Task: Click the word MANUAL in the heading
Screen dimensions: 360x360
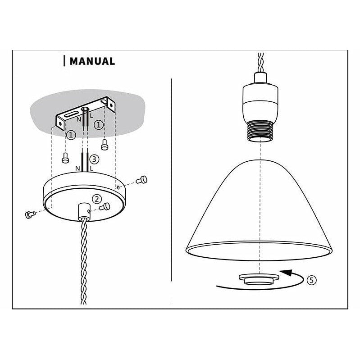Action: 92,61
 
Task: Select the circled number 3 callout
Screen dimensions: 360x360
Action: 94,159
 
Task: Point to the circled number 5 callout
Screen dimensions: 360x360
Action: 311,279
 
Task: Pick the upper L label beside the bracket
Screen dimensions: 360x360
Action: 91,116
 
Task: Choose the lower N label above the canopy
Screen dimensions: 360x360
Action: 78,169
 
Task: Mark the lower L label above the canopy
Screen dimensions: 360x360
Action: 91,169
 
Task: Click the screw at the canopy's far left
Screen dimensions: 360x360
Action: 31,214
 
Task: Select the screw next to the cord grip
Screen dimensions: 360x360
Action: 106,206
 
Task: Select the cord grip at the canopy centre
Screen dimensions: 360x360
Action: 83,210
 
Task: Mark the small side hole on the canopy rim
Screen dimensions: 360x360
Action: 118,186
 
